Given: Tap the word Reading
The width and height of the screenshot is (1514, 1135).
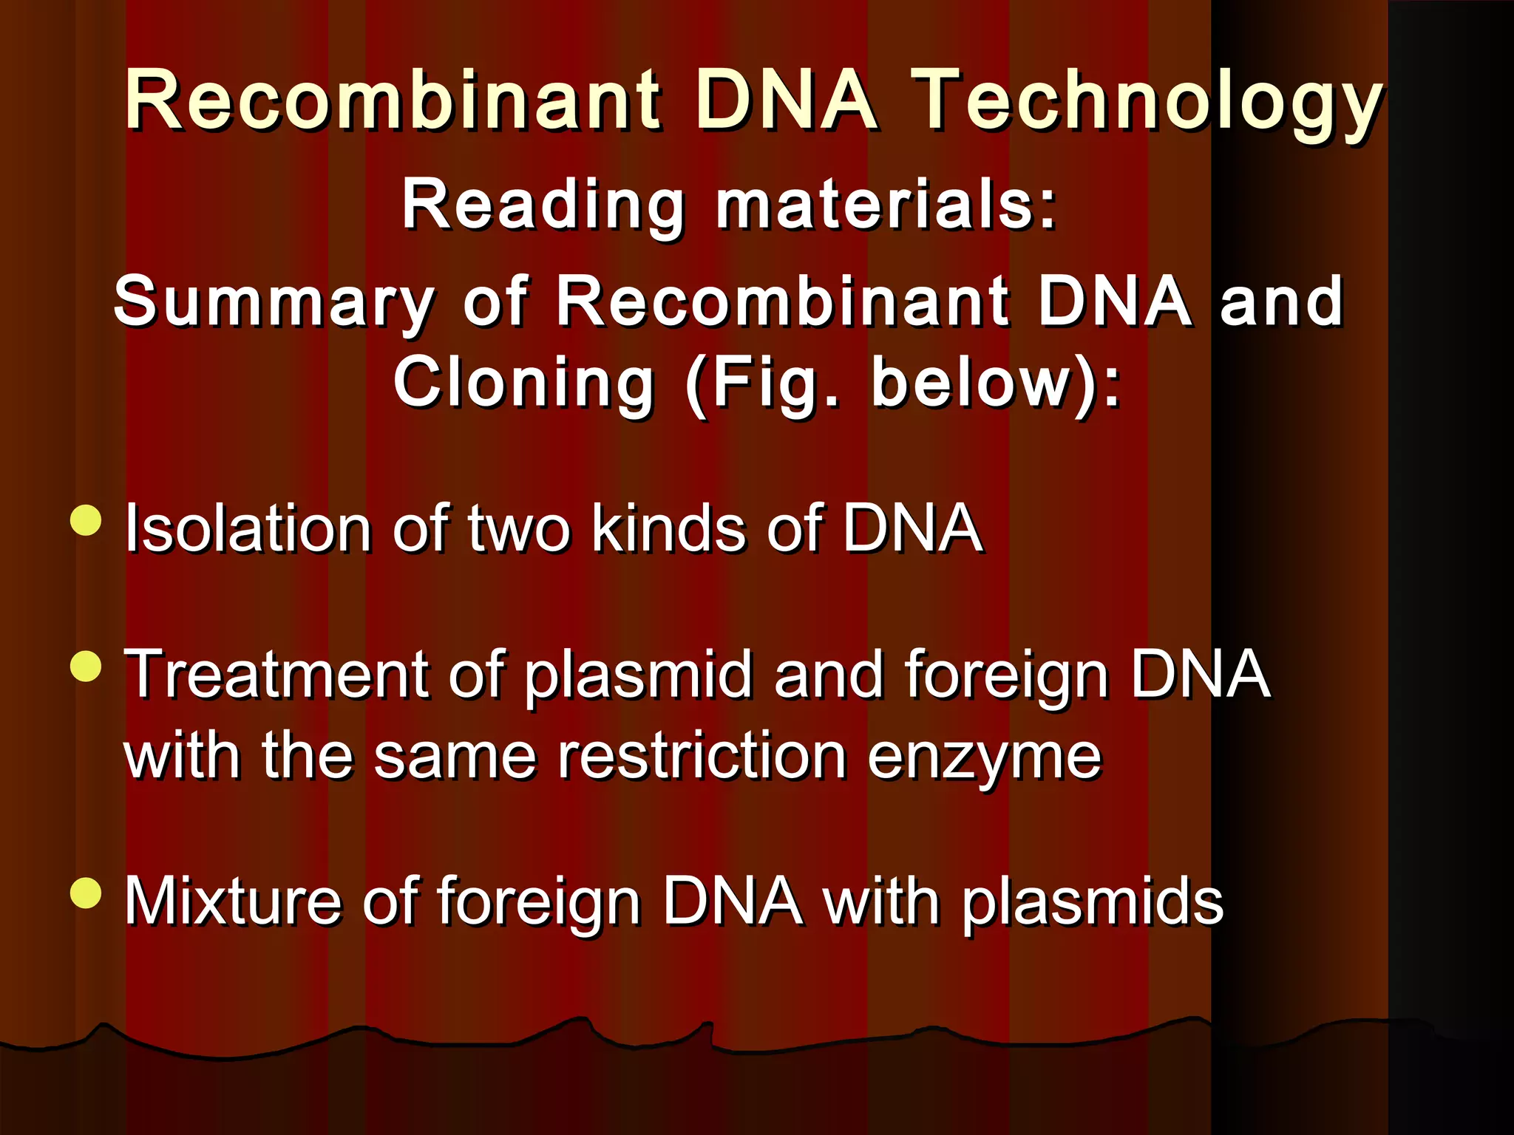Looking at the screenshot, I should pyautogui.click(x=543, y=205).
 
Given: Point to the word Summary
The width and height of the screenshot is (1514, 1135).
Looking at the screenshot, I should pyautogui.click(x=274, y=301).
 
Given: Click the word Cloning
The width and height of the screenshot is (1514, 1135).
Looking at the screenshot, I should pyautogui.click(x=524, y=382).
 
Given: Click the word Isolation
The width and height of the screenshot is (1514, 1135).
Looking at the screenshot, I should pyautogui.click(x=248, y=528).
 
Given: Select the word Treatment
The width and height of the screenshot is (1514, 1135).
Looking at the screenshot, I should pyautogui.click(x=276, y=674).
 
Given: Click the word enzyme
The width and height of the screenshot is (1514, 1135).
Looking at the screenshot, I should pyautogui.click(x=984, y=757).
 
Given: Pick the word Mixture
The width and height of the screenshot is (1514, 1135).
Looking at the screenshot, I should pyautogui.click(x=233, y=901).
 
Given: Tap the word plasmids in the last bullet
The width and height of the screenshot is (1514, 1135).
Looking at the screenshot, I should pyautogui.click(x=1092, y=902).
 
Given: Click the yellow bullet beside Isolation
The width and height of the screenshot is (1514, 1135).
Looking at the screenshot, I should pyautogui.click(x=86, y=520).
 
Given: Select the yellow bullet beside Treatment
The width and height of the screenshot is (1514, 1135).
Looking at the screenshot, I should pyautogui.click(x=86, y=667).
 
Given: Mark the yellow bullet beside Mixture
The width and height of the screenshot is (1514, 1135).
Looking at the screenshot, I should pyautogui.click(x=86, y=893).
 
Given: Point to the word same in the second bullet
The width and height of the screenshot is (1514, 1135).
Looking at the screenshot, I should pyautogui.click(x=455, y=757).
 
